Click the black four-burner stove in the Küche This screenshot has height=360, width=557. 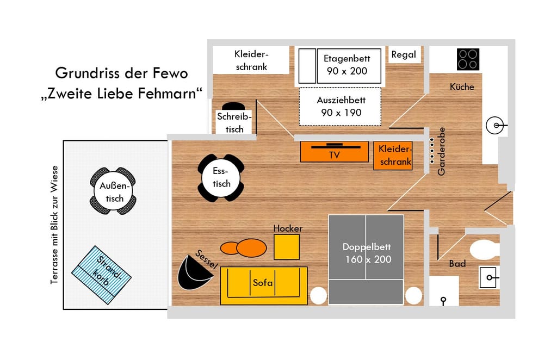coord(468,59)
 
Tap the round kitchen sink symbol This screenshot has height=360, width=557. coord(495,125)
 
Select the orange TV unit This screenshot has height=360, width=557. coord(335,152)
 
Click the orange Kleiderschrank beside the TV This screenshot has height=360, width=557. coord(393,156)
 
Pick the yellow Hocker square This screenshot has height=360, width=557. coord(286,247)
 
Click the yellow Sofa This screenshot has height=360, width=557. coord(264,286)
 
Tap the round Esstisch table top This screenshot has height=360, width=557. coord(221,177)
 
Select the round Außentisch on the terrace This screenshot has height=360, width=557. coord(113,191)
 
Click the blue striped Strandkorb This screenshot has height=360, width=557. coord(101,275)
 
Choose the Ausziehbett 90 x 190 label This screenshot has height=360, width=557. coord(341,107)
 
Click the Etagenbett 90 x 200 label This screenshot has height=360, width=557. coord(346,65)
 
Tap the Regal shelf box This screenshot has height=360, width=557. coord(404,55)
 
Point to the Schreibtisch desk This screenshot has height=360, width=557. coord(234,122)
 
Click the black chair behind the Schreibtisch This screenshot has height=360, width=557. coord(233,106)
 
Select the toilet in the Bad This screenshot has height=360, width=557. coord(485,250)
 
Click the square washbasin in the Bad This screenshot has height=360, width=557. coord(489,277)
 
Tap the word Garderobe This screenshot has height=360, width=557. coord(441,151)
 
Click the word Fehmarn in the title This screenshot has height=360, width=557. coord(170,94)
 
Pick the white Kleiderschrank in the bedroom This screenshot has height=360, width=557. coord(251,60)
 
